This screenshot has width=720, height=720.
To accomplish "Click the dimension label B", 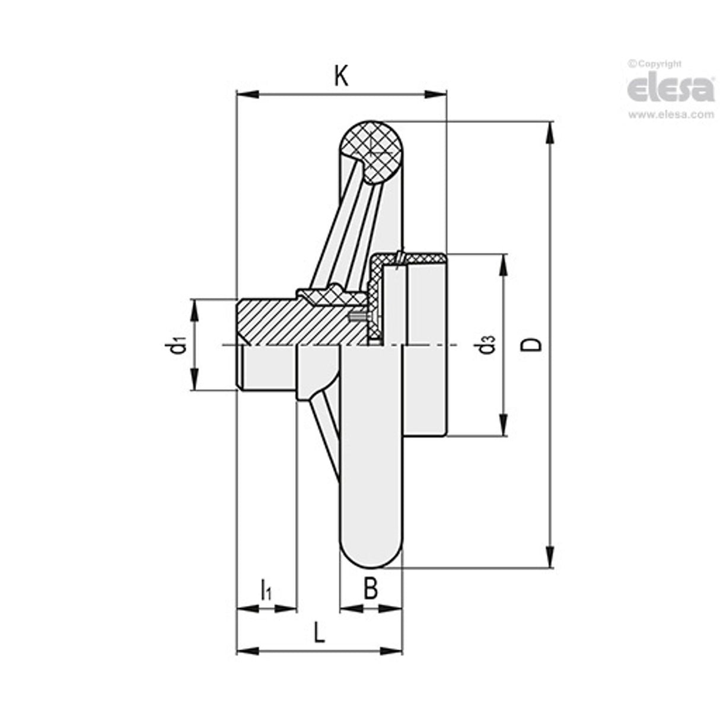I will click(x=370, y=590).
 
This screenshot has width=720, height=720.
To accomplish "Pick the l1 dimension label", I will click(x=266, y=590).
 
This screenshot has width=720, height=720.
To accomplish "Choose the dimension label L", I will click(x=319, y=633).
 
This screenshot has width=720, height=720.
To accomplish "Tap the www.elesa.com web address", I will click(x=671, y=114).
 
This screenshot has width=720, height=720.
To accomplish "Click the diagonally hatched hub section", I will click(x=297, y=320).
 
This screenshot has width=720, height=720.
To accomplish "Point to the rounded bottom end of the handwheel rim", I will click(x=371, y=555).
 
